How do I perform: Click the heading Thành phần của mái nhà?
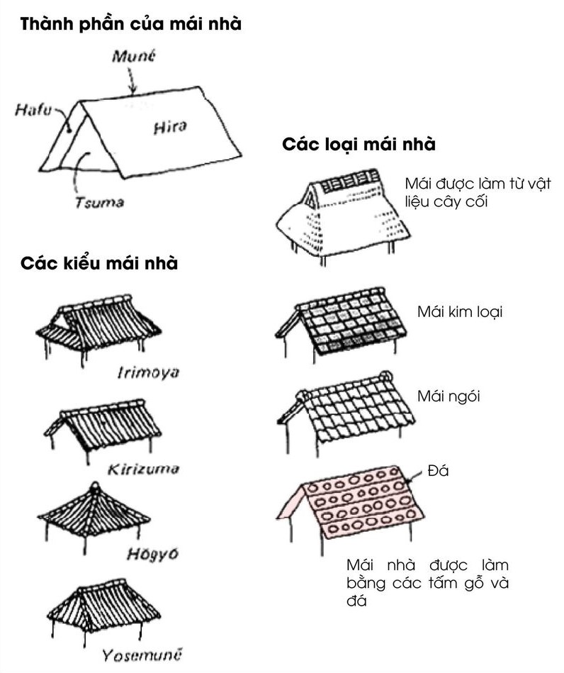point(131,24)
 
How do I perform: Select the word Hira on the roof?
point(169,128)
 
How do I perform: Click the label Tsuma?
point(99,203)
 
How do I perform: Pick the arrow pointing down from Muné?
point(132,82)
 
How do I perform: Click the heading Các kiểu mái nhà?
point(99,264)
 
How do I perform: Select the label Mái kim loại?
point(459,312)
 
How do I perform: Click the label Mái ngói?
point(448,396)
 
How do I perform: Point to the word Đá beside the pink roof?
point(439,472)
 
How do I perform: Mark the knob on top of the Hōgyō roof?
point(94,487)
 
